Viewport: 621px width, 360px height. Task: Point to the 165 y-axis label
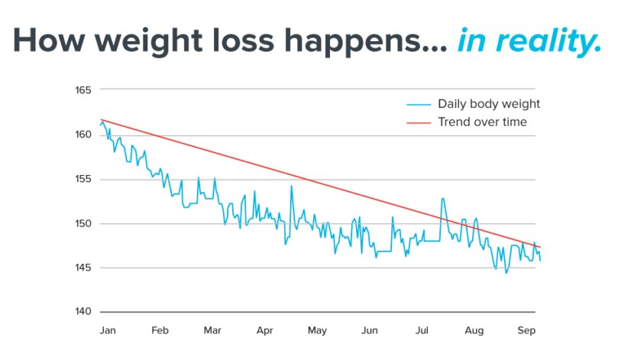point(84,90)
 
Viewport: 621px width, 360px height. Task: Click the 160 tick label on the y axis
point(84,135)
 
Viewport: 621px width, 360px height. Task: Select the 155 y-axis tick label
point(84,180)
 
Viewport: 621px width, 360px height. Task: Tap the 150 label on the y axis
point(84,224)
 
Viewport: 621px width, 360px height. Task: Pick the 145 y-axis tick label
point(84,268)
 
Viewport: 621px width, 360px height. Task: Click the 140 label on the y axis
point(84,313)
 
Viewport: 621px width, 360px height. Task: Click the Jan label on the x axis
point(108,331)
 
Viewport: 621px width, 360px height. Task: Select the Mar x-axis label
point(212,331)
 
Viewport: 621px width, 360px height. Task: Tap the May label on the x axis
point(317,331)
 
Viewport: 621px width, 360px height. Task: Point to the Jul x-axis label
point(422,331)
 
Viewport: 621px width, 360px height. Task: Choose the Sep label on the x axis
point(526,331)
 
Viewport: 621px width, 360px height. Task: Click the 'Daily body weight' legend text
point(489,104)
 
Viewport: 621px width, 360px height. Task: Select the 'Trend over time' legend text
point(482,122)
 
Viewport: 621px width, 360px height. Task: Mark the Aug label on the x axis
point(474,331)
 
